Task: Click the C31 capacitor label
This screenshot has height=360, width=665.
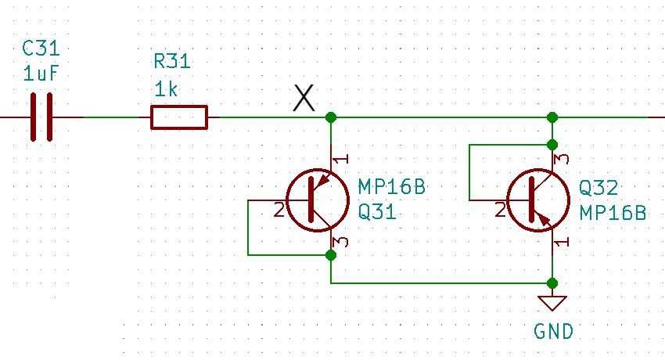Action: pyautogui.click(x=41, y=49)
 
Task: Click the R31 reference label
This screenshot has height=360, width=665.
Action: pyautogui.click(x=172, y=61)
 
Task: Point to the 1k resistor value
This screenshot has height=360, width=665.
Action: pyautogui.click(x=166, y=89)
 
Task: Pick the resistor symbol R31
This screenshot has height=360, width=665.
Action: pyautogui.click(x=179, y=117)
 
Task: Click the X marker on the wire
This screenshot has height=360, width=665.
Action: pyautogui.click(x=304, y=99)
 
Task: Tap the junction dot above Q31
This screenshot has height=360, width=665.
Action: pyautogui.click(x=331, y=117)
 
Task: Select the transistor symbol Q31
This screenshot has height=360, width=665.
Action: pyautogui.click(x=317, y=200)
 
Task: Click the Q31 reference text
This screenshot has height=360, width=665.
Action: pyautogui.click(x=377, y=212)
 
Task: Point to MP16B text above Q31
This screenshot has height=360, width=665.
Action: pyautogui.click(x=391, y=187)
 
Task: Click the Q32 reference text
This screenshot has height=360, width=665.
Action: pyautogui.click(x=598, y=188)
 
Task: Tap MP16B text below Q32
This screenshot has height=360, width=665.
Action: pyautogui.click(x=613, y=213)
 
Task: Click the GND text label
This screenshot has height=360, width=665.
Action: pyautogui.click(x=553, y=332)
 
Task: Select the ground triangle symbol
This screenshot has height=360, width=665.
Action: pyautogui.click(x=552, y=303)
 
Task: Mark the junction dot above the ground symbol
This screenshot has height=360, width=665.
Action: pyautogui.click(x=552, y=283)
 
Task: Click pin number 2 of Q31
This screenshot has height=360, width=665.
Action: pyautogui.click(x=279, y=210)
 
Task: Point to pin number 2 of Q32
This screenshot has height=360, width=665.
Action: pyautogui.click(x=499, y=210)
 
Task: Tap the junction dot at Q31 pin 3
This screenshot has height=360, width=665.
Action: pyautogui.click(x=331, y=255)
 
